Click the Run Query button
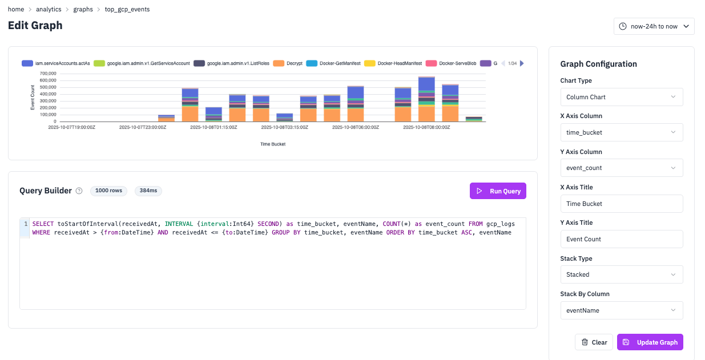coord(498,191)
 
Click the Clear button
coord(594,342)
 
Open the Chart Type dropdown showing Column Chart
coord(622,97)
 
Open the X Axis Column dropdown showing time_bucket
coord(622,132)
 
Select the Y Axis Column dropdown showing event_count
coord(622,168)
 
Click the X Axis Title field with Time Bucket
coord(622,204)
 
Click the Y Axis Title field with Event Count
coord(622,239)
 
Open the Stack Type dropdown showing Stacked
coord(622,274)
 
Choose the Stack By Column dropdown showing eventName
coord(622,310)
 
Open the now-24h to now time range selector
coord(654,26)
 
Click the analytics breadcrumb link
coord(49,10)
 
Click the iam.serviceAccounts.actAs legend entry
coord(56,63)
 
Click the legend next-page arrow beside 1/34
coord(521,63)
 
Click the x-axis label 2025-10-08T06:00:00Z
coord(355,128)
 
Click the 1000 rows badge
coord(108,191)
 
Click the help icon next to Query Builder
coord(79,191)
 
